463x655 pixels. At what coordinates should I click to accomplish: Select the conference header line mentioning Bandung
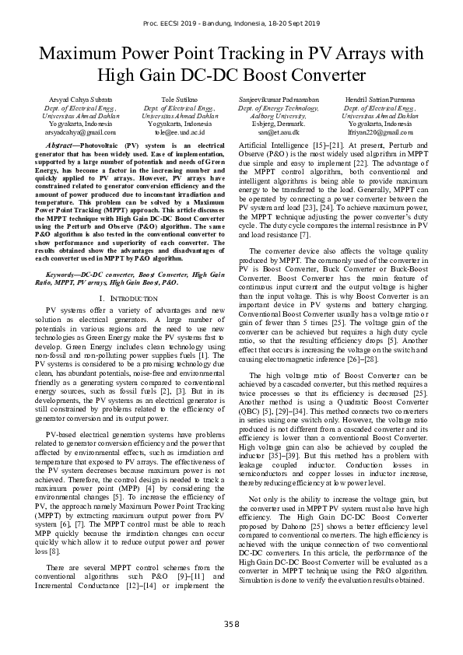[231, 25]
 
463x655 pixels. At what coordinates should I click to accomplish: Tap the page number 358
[231, 623]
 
